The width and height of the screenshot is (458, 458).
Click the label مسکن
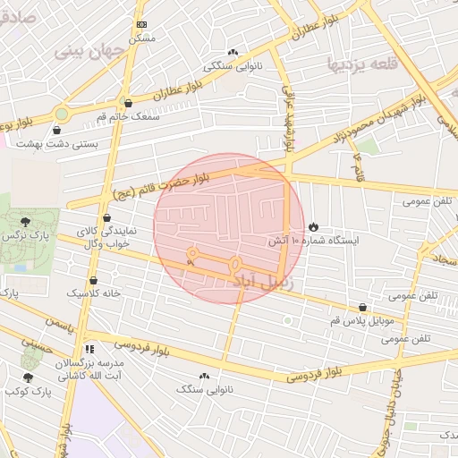point(142,38)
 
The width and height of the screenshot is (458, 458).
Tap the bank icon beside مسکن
point(141,25)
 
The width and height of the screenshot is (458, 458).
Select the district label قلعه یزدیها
point(361,64)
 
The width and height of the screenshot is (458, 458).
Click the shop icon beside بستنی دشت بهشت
point(57,130)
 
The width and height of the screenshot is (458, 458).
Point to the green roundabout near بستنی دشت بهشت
point(60,114)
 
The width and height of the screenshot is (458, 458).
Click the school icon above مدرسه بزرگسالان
point(88,349)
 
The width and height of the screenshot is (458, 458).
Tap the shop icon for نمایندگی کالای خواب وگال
point(107,217)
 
